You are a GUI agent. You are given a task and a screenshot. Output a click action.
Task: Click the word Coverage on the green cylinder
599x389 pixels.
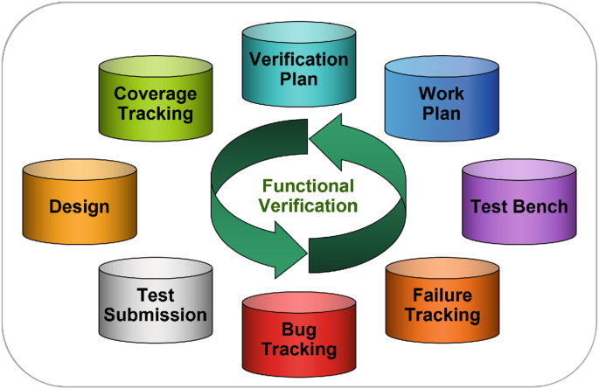click(156, 94)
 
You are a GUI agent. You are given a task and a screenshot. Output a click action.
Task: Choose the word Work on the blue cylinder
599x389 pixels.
click(441, 93)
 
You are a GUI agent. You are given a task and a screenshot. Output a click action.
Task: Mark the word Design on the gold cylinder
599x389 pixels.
click(80, 207)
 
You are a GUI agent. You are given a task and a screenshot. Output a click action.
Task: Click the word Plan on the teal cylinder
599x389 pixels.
click(299, 79)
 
